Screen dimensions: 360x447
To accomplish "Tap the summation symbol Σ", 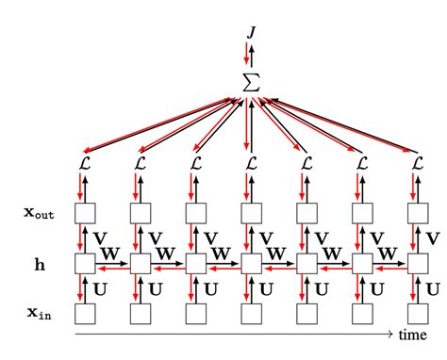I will tap(251, 82).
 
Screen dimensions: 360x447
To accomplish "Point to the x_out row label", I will tap(39, 213).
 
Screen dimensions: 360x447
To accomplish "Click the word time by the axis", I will tap(411, 335).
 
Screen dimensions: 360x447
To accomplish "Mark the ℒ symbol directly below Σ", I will tap(251, 164).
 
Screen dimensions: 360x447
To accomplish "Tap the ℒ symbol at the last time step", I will tap(417, 164).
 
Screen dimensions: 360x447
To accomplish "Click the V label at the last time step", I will tap(434, 237).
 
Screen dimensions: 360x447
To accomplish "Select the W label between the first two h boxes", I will tap(111, 253).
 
